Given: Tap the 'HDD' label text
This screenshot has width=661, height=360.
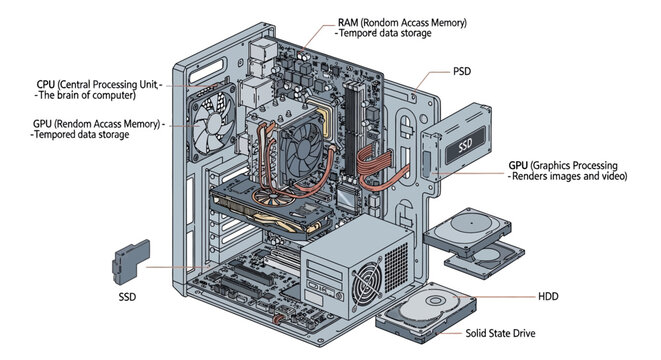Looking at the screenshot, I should click(x=549, y=297).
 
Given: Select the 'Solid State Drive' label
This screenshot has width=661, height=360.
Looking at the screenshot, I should click(x=505, y=334).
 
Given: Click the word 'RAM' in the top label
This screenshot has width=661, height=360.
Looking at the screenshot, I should click(x=349, y=22).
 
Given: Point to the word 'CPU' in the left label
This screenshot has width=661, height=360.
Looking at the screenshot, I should click(x=46, y=85).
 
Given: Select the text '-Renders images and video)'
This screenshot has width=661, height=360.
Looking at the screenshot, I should click(x=568, y=176).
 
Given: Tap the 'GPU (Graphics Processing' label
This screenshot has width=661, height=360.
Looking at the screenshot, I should click(x=562, y=164).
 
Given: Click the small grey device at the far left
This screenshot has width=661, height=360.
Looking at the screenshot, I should click(x=130, y=260).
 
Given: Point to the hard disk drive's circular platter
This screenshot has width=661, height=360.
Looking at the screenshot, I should click(x=437, y=306).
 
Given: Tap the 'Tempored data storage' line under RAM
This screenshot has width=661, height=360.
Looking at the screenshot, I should click(x=385, y=34).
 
